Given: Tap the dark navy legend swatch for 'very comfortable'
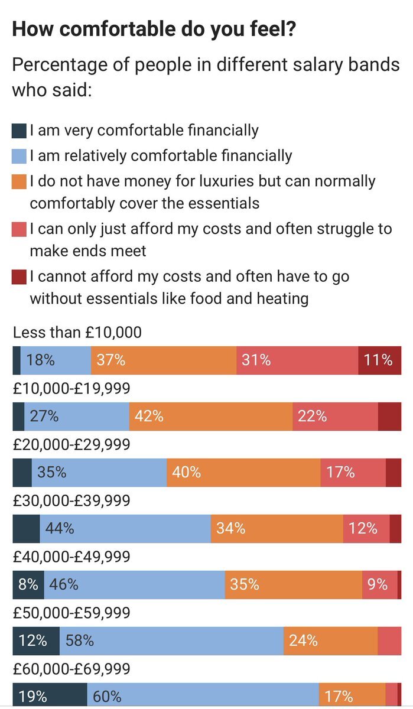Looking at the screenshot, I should click(19, 130).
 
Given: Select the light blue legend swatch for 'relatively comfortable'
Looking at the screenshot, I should click(19, 156).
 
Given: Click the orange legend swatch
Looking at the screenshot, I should click(19, 181).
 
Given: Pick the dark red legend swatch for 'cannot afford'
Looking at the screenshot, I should click(19, 277).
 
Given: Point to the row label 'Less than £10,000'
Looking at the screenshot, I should click(77, 333).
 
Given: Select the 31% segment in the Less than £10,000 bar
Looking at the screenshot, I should click(297, 360).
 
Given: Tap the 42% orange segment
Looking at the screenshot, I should click(210, 416).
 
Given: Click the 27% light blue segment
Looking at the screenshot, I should click(77, 416).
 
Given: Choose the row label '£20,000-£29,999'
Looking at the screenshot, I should click(71, 444).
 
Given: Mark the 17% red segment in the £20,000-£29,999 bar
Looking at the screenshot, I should click(353, 472).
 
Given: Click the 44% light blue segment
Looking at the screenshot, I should click(125, 528).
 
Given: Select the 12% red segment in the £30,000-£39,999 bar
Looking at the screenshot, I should click(366, 528).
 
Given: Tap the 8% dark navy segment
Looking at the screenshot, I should click(28, 584).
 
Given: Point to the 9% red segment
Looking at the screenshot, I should click(379, 584).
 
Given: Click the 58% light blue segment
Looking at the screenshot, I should click(171, 640).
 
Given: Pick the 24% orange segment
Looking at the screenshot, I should click(330, 640).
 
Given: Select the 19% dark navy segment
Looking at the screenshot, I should click(50, 696).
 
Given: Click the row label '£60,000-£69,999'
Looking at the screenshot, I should click(71, 669).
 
